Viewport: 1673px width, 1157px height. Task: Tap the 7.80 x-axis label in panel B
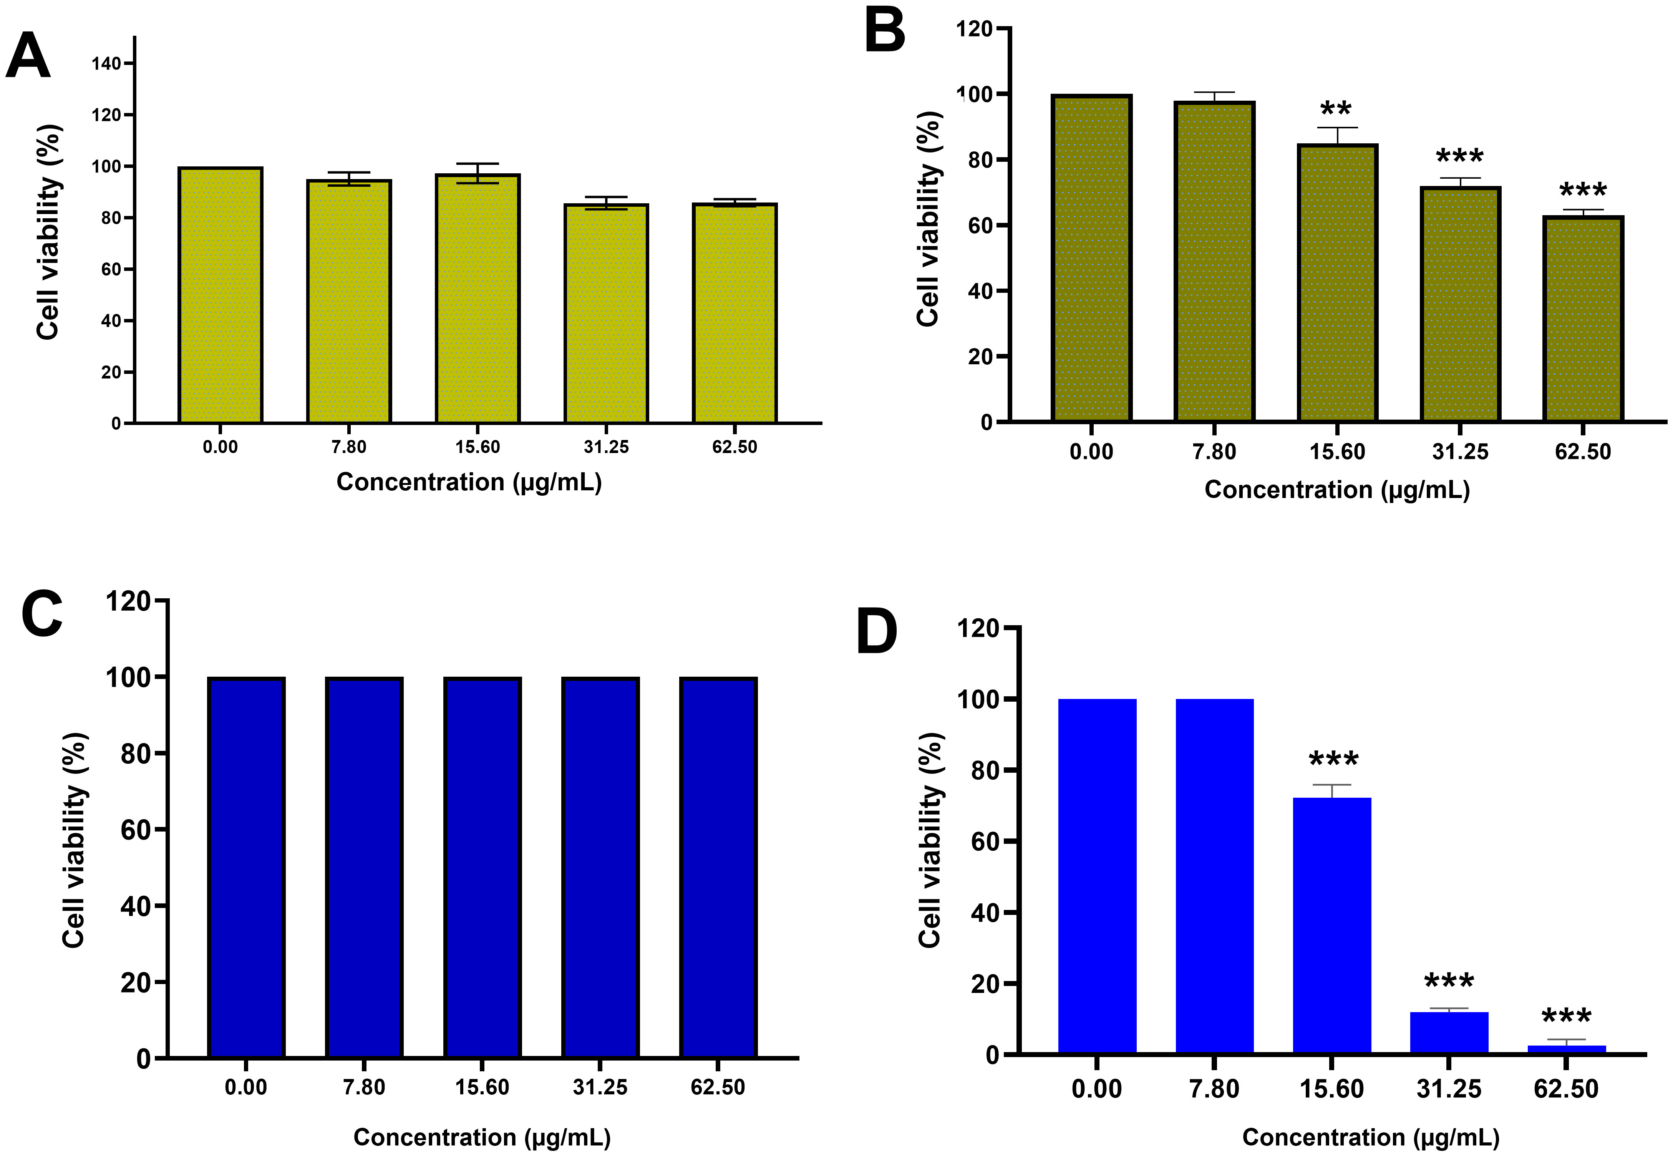click(x=1214, y=452)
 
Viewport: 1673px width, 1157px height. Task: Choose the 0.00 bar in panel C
click(x=246, y=868)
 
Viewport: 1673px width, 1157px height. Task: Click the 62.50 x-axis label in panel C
click(x=718, y=1087)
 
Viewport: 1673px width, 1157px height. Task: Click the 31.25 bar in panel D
click(x=1449, y=1033)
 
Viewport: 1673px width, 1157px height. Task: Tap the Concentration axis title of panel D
click(x=1371, y=1137)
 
